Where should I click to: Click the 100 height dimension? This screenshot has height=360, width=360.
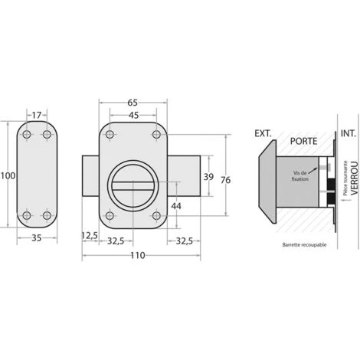pyautogui.click(x=7, y=176)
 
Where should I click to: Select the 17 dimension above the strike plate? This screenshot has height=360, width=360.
pyautogui.click(x=37, y=116)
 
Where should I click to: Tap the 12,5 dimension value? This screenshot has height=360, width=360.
pyautogui.click(x=90, y=237)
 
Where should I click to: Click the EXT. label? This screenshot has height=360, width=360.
pyautogui.click(x=263, y=134)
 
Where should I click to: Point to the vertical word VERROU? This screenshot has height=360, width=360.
pyautogui.click(x=353, y=184)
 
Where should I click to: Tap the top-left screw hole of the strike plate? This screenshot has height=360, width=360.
pyautogui.click(x=28, y=136)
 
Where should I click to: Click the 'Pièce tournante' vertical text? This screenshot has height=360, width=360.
pyautogui.click(x=344, y=184)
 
